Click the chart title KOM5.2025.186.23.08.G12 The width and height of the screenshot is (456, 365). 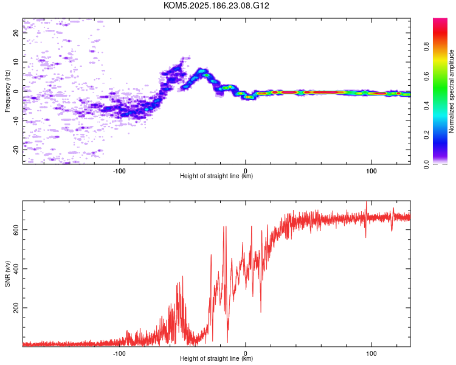[x=216, y=5]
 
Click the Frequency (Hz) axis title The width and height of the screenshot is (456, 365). [x=7, y=91]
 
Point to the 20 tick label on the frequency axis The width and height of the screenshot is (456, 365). [x=16, y=33]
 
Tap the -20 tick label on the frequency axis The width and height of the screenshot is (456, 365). [x=16, y=149]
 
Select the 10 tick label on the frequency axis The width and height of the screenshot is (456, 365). [x=16, y=62]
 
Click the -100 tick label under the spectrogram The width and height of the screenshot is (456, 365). [x=119, y=171]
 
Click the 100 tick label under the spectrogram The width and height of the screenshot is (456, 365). [x=371, y=171]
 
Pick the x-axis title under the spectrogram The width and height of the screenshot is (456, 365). [x=216, y=176]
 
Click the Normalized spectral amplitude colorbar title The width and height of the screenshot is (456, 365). [x=451, y=91]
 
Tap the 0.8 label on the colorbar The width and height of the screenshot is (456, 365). [x=426, y=46]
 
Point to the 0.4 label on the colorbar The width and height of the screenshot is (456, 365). [x=426, y=105]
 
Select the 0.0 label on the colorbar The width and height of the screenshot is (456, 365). [x=426, y=164]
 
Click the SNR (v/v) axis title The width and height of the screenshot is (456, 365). [x=7, y=273]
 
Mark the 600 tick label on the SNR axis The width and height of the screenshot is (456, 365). [x=16, y=230]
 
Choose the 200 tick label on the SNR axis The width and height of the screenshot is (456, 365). [x=16, y=308]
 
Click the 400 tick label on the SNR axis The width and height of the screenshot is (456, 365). [x=16, y=269]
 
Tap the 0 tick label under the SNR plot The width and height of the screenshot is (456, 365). [x=246, y=353]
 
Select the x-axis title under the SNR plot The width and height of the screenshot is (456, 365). [x=216, y=358]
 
